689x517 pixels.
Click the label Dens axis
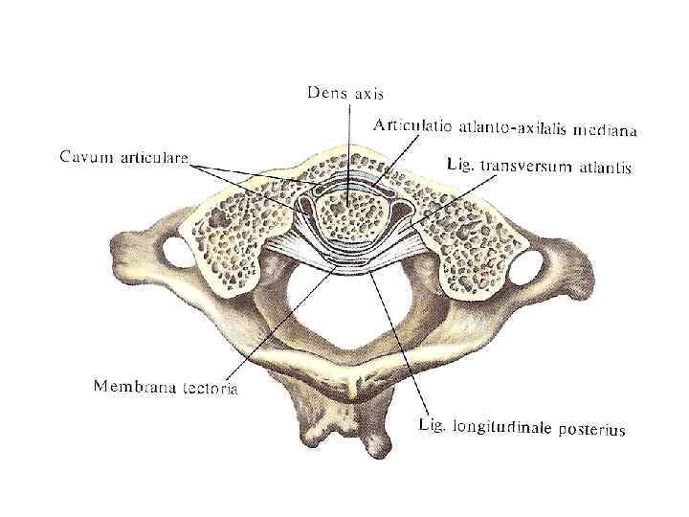[345, 93]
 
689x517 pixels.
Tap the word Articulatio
[413, 125]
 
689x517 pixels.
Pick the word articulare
[153, 155]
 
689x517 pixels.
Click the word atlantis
[604, 169]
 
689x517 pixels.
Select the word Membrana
[134, 387]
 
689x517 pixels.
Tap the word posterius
[592, 430]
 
